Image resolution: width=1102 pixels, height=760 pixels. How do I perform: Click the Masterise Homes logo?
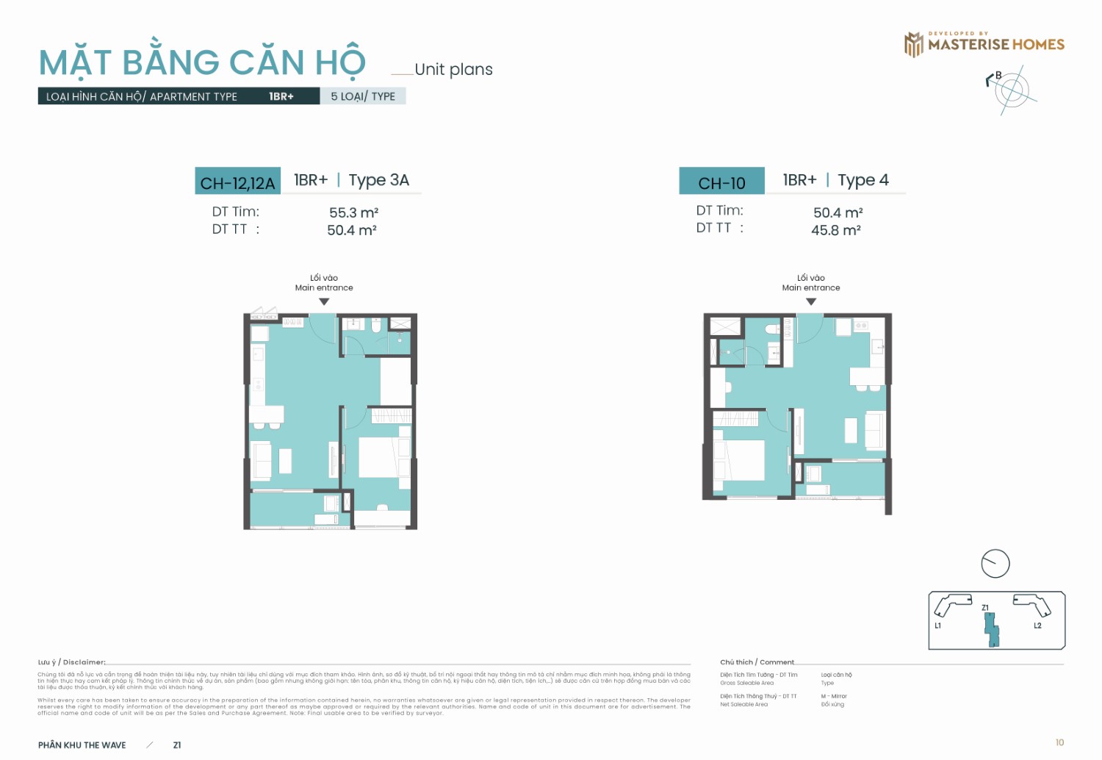point(984,44)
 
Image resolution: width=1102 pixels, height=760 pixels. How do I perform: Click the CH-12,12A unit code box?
point(237,182)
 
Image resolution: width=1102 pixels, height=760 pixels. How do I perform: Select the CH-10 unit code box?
point(721,182)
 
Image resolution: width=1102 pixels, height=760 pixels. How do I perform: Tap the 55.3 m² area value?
point(353,212)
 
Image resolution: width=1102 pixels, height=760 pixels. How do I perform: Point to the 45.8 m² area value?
point(835,230)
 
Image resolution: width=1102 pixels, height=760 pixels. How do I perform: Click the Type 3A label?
point(378,180)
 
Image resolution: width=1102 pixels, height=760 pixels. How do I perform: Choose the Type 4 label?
point(862,180)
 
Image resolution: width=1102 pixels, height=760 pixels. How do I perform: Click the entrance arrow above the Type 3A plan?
point(324,301)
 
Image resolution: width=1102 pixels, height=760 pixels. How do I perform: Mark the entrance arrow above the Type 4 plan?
point(811,301)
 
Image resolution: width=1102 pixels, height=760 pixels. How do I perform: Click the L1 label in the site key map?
point(937,625)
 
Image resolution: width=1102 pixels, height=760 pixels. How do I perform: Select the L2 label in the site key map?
point(1037,625)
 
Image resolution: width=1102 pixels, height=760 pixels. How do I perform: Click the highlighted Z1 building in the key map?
point(992,629)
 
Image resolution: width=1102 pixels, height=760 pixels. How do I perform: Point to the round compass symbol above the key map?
point(995,564)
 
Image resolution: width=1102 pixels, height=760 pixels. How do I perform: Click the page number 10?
point(1059,742)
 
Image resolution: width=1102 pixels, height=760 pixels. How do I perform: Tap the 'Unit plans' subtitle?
point(453,70)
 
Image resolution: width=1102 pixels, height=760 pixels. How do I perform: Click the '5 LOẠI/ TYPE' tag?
point(363,96)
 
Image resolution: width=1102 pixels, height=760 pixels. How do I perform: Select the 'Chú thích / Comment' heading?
point(757,662)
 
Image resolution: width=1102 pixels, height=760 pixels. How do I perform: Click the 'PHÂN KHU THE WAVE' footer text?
point(82,745)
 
